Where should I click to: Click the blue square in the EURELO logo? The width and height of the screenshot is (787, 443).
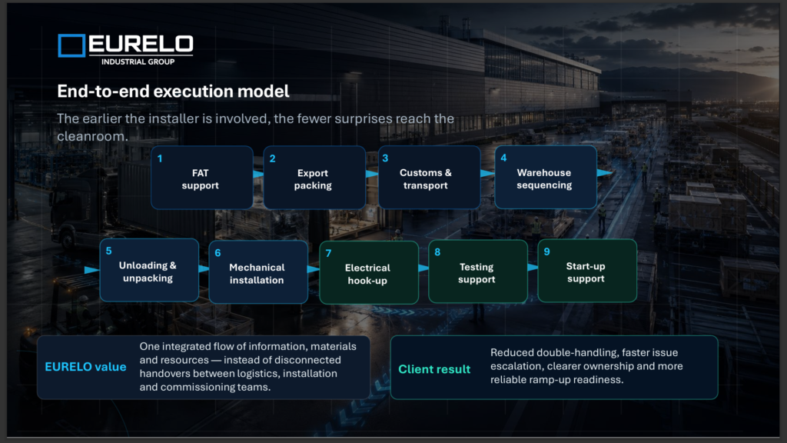71,45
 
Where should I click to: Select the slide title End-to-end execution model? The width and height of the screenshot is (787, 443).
173,92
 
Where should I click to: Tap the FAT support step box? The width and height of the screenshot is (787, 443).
202,178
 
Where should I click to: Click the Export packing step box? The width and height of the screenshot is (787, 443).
314,178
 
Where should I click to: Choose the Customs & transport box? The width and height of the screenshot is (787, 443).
429,178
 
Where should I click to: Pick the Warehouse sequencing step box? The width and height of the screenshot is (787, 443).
546,178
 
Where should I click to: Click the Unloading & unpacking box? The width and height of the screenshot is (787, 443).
149,270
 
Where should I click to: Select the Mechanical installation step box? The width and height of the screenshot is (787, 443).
258,271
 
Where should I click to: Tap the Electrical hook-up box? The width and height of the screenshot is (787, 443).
369,273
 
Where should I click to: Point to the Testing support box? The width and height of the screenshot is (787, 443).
478,271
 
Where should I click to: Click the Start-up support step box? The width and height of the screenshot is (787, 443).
587,271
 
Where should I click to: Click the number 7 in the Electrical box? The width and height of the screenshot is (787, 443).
328,254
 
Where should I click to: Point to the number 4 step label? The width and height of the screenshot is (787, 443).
503,158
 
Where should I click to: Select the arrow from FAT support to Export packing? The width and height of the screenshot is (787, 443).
258,175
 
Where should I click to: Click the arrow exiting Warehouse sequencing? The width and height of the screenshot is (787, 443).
605,173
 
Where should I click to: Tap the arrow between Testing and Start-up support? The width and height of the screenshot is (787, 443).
533,267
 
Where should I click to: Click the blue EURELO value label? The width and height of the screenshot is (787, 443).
85,367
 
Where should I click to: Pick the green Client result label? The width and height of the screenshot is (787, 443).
434,369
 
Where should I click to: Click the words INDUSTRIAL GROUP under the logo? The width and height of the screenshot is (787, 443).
138,62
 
